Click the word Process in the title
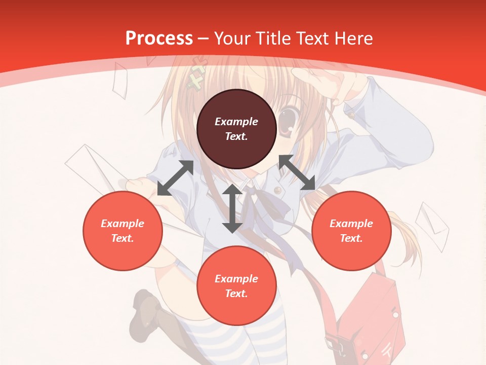[x=159, y=38]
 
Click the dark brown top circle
[x=236, y=129]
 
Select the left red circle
[x=123, y=231]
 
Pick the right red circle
[x=351, y=231]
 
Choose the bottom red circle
[x=236, y=286]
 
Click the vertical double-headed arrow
[x=232, y=208]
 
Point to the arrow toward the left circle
[x=175, y=178]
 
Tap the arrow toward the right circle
[x=297, y=172]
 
